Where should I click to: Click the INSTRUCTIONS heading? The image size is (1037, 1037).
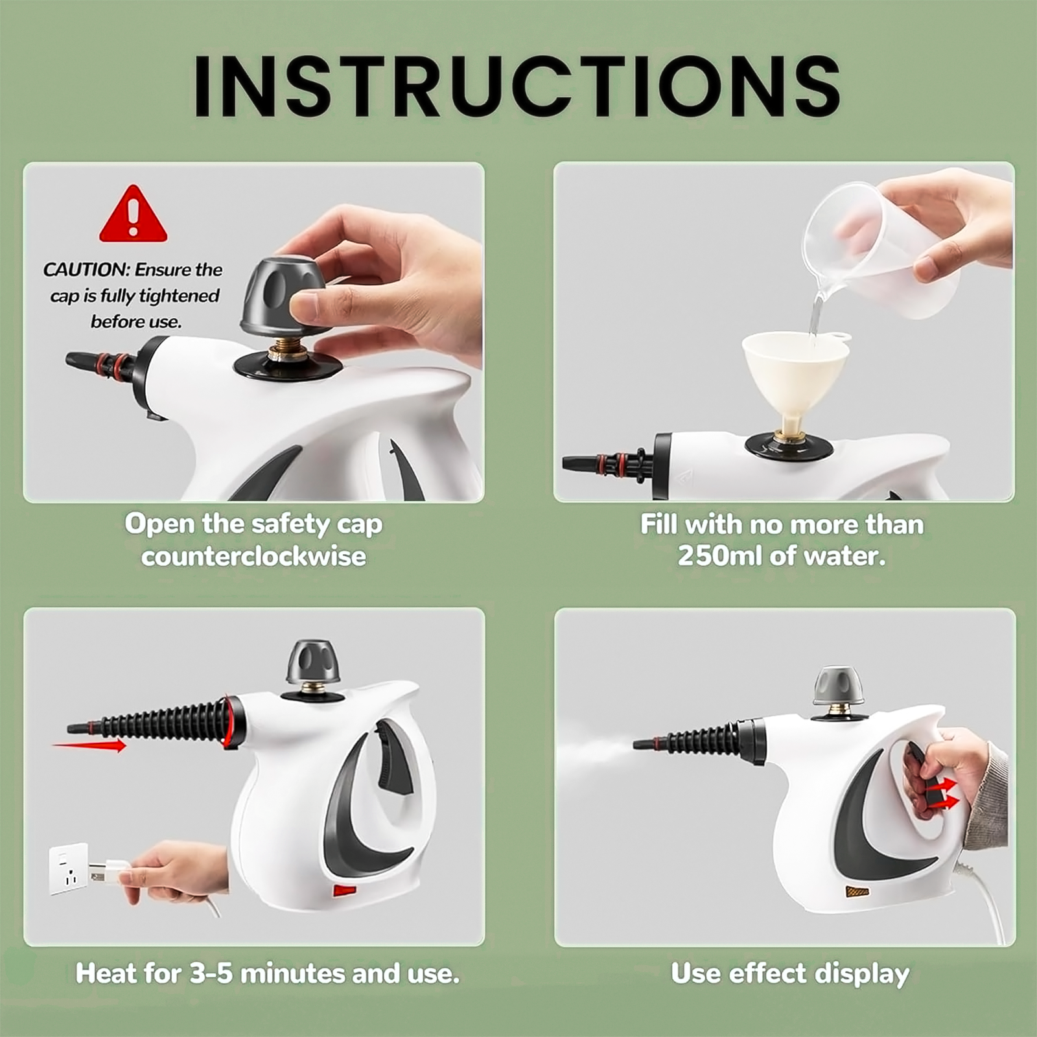pos(517,86)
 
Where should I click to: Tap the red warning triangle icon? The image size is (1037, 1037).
pos(134,215)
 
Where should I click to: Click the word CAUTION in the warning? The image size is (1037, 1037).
pos(86,270)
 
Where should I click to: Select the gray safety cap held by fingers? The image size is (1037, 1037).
pos(283,296)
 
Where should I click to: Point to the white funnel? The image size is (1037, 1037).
pos(795,382)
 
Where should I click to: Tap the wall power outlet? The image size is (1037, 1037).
pos(69,868)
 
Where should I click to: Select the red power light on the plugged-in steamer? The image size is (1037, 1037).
pos(344,890)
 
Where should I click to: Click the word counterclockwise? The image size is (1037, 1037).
pos(253,557)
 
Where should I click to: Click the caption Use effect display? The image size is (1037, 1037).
pos(790,974)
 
